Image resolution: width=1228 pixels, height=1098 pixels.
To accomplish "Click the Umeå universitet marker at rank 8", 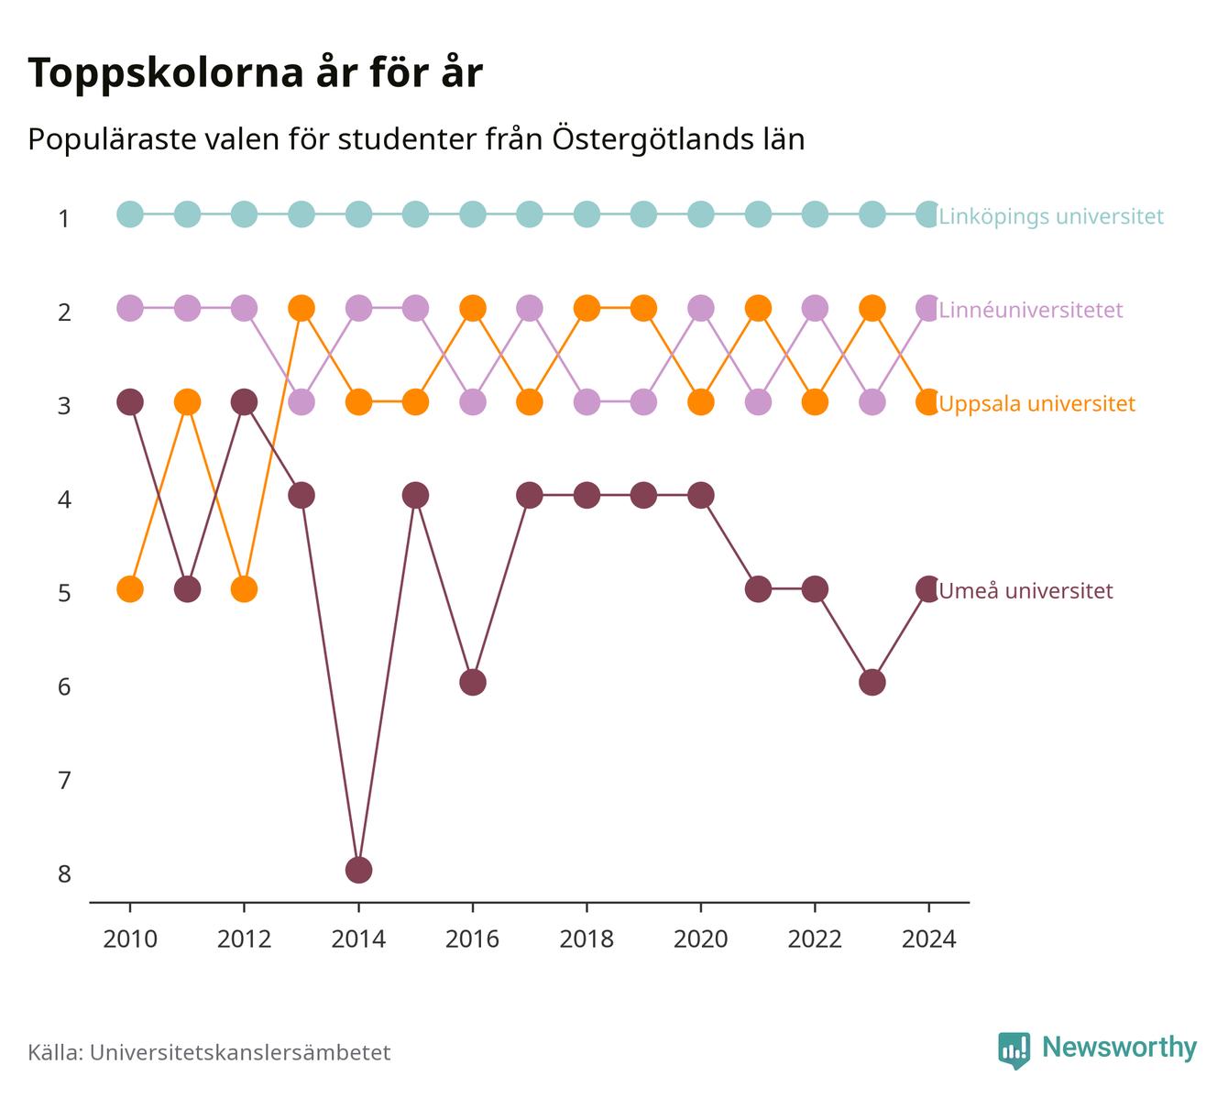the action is [358, 870].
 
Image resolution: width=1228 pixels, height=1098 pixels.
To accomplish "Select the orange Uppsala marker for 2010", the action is [130, 588].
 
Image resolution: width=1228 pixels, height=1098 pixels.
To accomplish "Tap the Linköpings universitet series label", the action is [1051, 215].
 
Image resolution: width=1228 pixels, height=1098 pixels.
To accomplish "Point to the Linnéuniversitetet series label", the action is [1030, 310].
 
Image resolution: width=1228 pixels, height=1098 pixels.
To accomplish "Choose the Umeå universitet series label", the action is [1026, 590].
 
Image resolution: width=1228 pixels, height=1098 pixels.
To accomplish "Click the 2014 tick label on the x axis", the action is [358, 939].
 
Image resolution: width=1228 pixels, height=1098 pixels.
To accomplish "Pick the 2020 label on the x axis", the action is [701, 939].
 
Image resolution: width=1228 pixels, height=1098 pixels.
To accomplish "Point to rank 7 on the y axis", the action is [64, 780].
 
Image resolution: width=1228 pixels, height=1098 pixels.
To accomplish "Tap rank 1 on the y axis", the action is [64, 218].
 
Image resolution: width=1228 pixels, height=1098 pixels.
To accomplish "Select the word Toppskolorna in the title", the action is [166, 73].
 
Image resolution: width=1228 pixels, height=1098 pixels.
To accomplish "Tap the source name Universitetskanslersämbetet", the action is [240, 1052].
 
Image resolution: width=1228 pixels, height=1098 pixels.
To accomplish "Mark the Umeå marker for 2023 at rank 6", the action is [872, 683].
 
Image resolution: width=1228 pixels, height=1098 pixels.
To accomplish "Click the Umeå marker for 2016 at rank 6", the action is [473, 683].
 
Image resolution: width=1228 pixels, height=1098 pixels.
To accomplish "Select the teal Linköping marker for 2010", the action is [130, 214].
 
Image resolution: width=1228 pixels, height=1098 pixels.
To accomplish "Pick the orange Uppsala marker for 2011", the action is [187, 401].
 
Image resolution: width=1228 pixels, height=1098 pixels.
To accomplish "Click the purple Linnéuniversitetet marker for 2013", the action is [302, 401].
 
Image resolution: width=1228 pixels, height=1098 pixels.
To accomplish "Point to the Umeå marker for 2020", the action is [701, 495].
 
